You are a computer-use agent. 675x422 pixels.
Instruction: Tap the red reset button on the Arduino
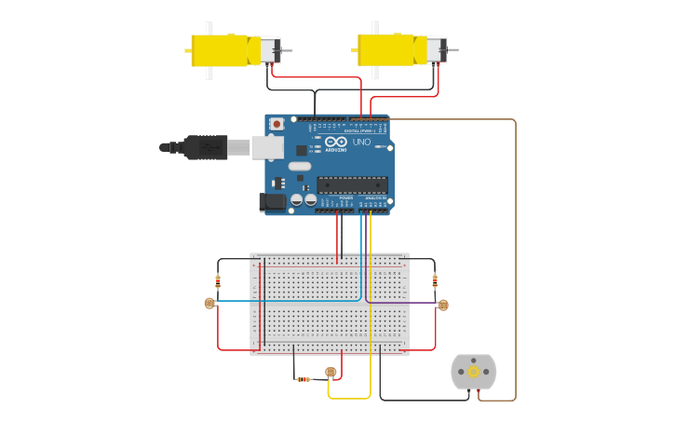(276, 124)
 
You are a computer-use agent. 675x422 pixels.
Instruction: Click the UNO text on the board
(361, 143)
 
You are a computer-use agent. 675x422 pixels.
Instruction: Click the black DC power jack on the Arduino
(272, 200)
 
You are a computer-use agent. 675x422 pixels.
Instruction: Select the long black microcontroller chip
(352, 184)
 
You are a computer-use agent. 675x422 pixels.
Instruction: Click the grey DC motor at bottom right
(474, 372)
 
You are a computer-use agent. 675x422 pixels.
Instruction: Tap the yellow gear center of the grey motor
(474, 372)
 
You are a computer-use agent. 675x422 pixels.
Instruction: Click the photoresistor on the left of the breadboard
(209, 303)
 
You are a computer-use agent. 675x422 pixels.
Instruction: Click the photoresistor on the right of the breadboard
(443, 305)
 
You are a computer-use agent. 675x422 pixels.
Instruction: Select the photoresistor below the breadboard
(331, 373)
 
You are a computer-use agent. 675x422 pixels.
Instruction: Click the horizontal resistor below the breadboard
(304, 379)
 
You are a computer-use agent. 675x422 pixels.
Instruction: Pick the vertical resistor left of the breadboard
(218, 279)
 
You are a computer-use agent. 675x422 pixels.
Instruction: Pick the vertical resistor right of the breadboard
(435, 279)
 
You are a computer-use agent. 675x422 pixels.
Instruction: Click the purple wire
(400, 303)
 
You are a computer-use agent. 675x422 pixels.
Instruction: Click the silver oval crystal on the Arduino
(299, 166)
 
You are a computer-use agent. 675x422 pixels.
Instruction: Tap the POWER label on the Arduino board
(346, 197)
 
